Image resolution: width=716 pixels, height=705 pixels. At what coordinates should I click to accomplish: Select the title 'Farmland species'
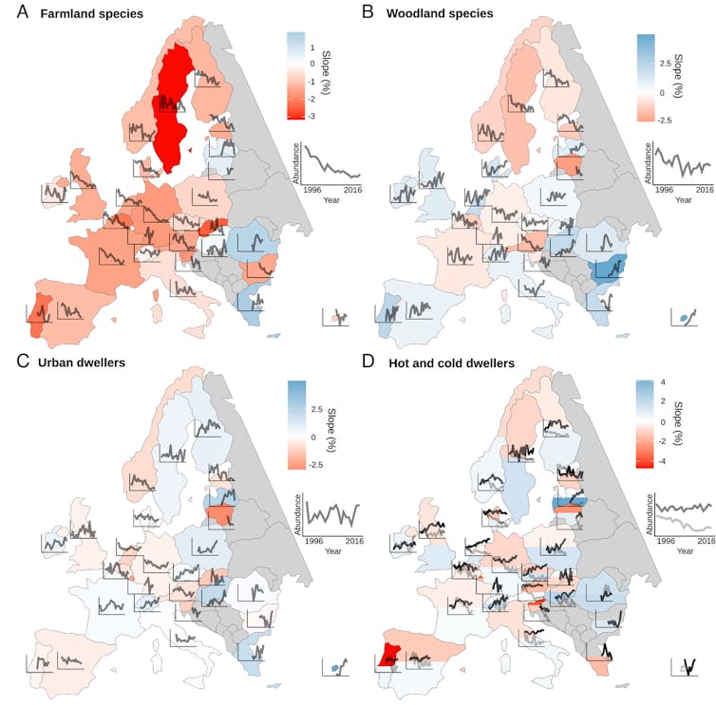click(85, 14)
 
